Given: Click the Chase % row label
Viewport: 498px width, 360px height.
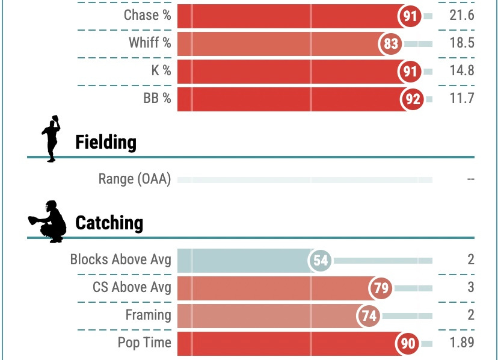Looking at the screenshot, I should coord(147,16).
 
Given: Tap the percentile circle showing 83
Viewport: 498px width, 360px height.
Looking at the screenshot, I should coord(390,44).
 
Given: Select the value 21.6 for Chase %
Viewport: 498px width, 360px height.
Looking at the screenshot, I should coord(461,16).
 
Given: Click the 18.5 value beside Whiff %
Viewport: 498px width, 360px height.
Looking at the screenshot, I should coord(461,43).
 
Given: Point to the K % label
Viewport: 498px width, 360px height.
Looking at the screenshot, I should coord(161,71).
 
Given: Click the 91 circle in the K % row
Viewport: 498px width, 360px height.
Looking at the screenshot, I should coord(410,72).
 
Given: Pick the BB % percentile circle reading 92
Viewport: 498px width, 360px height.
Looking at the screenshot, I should coord(412,99).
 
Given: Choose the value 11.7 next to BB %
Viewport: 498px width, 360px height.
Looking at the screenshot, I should coord(461,99).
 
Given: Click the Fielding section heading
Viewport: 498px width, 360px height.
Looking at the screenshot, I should coord(106,143).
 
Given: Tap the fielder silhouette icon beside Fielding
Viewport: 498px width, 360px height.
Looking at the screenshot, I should coord(52,137).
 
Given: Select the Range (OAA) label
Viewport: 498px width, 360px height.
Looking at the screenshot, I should coord(135,179).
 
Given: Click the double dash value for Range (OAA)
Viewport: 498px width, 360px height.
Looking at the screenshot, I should coord(470,179).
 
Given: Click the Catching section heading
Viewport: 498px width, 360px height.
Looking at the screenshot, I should coord(109,223).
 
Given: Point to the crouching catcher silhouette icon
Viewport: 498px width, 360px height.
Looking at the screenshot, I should coord(48,222).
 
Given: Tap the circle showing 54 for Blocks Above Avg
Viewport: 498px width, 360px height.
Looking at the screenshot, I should coord(320,261).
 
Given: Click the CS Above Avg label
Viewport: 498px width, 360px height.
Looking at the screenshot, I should coord(132,288).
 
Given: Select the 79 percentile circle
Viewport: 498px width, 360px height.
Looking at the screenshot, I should coord(381,288).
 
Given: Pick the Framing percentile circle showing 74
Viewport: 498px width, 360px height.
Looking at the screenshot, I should coord(368,316).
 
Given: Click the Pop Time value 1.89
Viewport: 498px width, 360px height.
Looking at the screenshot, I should coord(462,343).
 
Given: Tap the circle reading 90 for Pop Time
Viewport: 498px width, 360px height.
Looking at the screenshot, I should coord(408,344).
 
